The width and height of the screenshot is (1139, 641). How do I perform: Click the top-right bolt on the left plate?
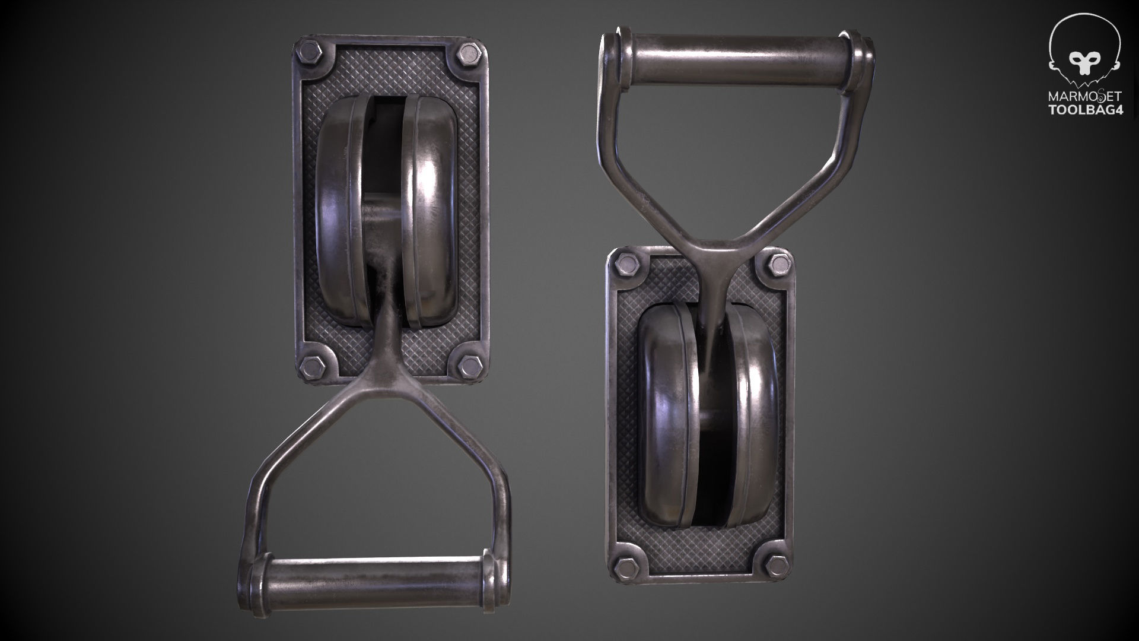point(470,55)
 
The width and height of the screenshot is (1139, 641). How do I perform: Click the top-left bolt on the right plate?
point(626,264)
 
